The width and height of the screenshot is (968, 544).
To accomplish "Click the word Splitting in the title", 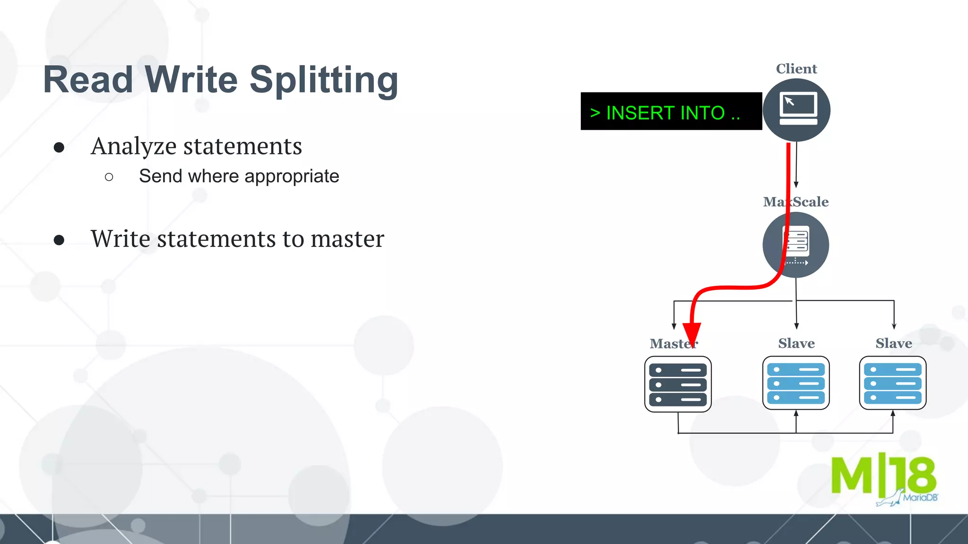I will coord(324,80).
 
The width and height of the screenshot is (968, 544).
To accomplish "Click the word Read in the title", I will coord(88,80).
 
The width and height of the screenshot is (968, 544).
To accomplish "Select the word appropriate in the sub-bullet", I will coord(292,177).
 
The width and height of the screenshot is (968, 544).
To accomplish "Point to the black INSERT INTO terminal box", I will coord(671,111).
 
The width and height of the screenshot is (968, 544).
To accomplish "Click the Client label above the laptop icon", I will coord(796,69).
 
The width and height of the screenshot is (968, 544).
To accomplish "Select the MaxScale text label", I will coord(796,202).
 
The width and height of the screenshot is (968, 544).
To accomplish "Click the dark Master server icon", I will coord(678,384).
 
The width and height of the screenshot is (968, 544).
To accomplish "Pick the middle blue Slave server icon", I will coord(796,383).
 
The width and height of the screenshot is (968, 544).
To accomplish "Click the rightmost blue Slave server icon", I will coord(892,383).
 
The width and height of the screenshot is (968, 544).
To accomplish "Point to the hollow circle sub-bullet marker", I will coord(109,178).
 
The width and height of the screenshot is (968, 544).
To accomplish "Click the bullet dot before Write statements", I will coord(59,240).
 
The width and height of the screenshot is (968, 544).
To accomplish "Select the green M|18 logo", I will coord(883,476).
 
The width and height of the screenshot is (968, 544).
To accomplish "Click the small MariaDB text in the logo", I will coord(920,498).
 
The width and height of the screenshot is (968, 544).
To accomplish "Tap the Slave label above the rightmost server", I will coord(893,344).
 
